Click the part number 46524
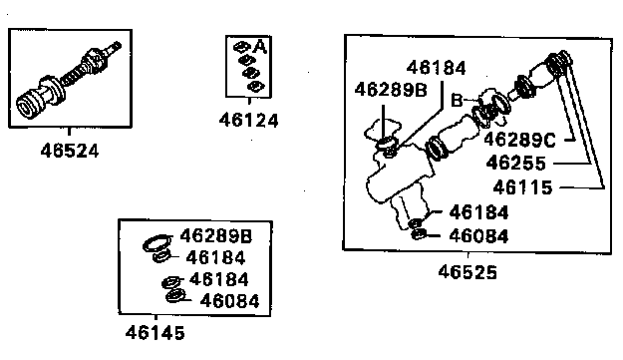(70, 151)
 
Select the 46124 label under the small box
(249, 120)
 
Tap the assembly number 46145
(155, 333)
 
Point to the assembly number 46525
(467, 272)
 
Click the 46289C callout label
(519, 140)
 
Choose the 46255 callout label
(516, 163)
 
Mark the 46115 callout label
(523, 187)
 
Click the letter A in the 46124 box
(260, 47)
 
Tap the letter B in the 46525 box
(457, 100)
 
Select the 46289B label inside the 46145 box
(216, 236)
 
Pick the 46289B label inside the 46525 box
(391, 90)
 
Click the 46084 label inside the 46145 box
(229, 301)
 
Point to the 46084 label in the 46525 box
(478, 236)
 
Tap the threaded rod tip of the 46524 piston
(116, 46)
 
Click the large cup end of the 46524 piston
(29, 106)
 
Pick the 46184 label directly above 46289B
(436, 68)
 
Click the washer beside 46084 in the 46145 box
(175, 295)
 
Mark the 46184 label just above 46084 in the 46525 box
(478, 212)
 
